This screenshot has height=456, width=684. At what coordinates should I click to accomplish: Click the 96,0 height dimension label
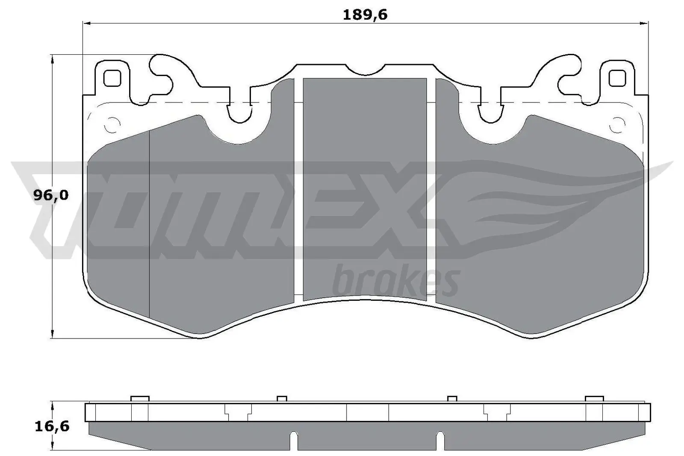[x=50, y=195]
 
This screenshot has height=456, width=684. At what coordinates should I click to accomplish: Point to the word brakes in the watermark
[x=395, y=282]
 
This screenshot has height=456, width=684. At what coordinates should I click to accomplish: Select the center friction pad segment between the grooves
[x=365, y=188]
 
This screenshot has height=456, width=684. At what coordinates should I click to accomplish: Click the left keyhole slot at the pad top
[x=239, y=112]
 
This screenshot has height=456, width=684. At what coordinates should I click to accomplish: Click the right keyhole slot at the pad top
[x=490, y=112]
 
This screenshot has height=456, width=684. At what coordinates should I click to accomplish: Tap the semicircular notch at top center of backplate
[x=365, y=68]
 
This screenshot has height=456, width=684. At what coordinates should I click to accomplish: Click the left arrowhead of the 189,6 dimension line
[x=85, y=23]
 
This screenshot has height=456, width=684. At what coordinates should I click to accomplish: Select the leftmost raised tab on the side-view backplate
[x=140, y=399]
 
